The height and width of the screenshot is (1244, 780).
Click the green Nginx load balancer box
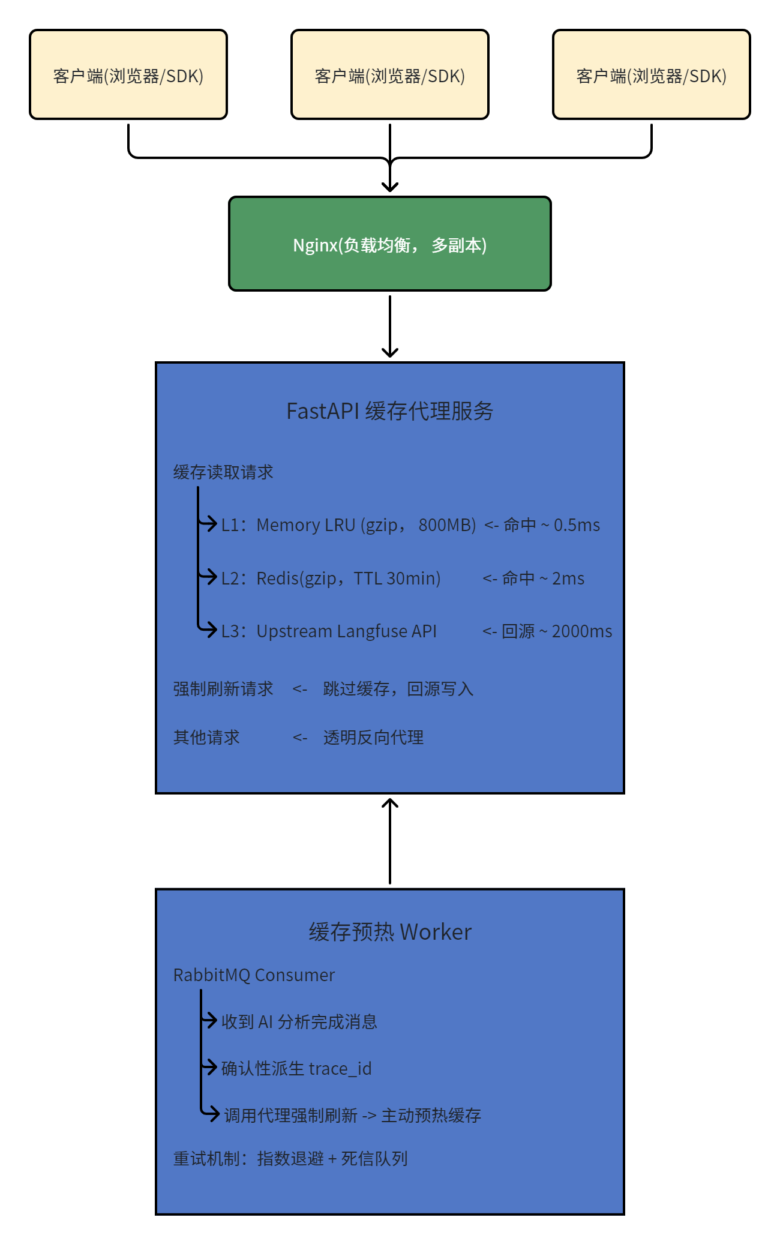389,244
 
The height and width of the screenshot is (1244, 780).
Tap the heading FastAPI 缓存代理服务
389,411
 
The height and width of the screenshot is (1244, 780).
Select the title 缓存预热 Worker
389,932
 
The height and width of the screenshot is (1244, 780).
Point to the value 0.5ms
577,525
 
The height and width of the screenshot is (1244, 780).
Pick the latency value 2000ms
581,631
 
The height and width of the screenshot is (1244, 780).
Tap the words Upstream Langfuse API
346,631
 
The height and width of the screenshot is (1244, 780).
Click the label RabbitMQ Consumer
254,975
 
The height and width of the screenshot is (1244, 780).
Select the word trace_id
340,1069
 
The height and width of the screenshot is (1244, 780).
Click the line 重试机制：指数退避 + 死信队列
290,1158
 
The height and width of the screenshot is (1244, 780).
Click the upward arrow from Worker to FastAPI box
389,840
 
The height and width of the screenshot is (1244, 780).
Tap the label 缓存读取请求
223,472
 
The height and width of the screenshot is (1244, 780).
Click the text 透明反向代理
373,738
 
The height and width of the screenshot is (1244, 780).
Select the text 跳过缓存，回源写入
398,689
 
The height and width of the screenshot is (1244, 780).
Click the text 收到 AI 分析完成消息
299,1021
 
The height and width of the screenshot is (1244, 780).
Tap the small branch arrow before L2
208,577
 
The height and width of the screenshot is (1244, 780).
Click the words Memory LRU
306,525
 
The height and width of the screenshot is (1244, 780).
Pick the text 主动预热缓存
431,1116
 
